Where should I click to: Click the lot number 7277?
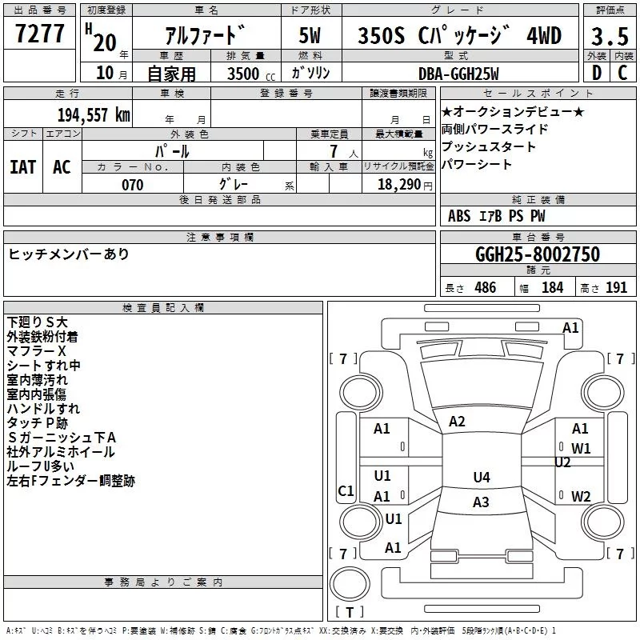pyautogui.click(x=40, y=34)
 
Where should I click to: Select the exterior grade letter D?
pyautogui.click(x=596, y=73)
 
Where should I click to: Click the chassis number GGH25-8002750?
pyautogui.click(x=538, y=254)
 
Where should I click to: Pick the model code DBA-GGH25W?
pyautogui.click(x=459, y=74)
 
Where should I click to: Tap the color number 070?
pyautogui.click(x=132, y=185)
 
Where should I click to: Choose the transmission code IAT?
pyautogui.click(x=22, y=166)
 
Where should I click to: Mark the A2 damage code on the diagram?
pyautogui.click(x=457, y=422)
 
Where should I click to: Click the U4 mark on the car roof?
pyautogui.click(x=481, y=478)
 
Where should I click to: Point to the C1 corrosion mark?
pyautogui.click(x=346, y=491)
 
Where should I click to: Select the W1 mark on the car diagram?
pyautogui.click(x=581, y=448)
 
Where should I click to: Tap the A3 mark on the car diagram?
pyautogui.click(x=481, y=502)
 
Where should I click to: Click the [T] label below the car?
pyautogui.click(x=349, y=613)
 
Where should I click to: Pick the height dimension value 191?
pyautogui.click(x=616, y=288)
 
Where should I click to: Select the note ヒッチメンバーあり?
pyautogui.click(x=68, y=254)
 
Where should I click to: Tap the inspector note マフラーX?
pyautogui.click(x=36, y=351)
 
